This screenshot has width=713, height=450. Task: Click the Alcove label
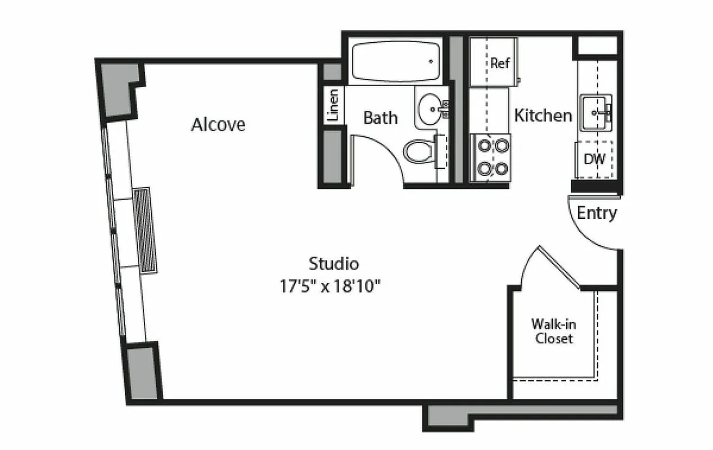pos(218,124)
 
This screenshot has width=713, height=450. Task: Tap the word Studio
pos(333,263)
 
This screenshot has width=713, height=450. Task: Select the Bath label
pos(380,118)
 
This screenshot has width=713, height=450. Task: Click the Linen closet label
pos(333,105)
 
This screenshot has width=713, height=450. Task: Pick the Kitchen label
pos(543,115)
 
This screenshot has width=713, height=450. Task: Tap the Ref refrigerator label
pos(499,63)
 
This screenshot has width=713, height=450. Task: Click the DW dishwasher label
pos(594,159)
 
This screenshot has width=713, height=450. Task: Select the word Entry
pos(597,213)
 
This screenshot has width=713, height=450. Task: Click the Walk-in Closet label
pos(554,331)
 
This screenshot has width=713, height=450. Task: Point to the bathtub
pos(395,61)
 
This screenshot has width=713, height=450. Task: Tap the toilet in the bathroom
pos(418,151)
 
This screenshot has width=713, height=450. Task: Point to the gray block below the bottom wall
pos(450,417)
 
